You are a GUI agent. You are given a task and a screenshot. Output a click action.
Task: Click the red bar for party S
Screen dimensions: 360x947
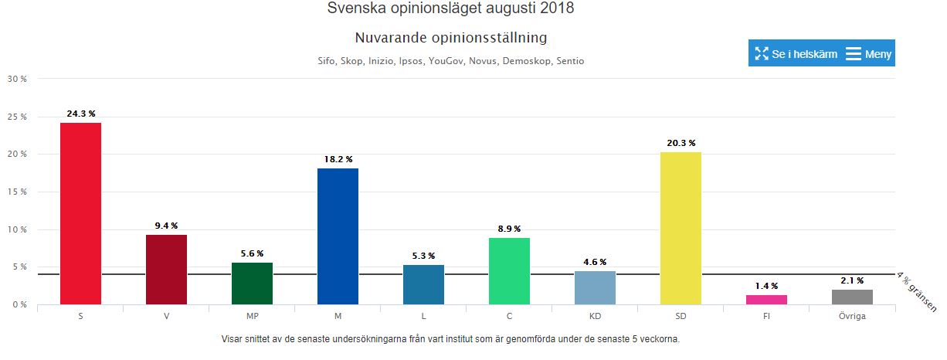pyautogui.click(x=80, y=213)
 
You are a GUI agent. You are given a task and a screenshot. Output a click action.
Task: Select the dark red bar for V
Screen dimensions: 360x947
pyautogui.click(x=166, y=269)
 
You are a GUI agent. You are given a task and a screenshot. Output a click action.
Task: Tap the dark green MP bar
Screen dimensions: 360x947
pyautogui.click(x=252, y=284)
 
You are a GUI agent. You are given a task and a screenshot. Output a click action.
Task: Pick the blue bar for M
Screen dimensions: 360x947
pyautogui.click(x=338, y=236)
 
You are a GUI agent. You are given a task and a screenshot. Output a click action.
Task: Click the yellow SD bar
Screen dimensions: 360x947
pyautogui.click(x=681, y=228)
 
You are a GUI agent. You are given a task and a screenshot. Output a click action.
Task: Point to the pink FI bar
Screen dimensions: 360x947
pyautogui.click(x=766, y=300)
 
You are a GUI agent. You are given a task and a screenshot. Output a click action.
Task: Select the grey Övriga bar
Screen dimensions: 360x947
pyautogui.click(x=852, y=297)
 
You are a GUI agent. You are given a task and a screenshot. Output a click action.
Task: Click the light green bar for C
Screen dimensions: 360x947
pyautogui.click(x=509, y=271)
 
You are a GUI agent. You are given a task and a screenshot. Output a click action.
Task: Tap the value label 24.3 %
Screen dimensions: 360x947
pyautogui.click(x=81, y=114)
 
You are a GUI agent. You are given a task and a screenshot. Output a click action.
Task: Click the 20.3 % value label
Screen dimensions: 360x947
pyautogui.click(x=681, y=143)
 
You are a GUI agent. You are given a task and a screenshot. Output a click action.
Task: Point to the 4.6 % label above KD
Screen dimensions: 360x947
pyautogui.click(x=595, y=262)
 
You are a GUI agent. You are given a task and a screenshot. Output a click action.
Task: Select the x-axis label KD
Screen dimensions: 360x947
pyautogui.click(x=595, y=317)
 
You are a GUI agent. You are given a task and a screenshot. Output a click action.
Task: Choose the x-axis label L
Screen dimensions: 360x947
pyautogui.click(x=423, y=317)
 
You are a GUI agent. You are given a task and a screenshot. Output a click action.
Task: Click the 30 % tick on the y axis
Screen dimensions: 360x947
pyautogui.click(x=16, y=79)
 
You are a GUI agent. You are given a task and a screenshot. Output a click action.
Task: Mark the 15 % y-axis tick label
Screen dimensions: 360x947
pyautogui.click(x=16, y=192)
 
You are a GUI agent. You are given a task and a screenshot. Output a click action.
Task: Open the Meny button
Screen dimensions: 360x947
pyautogui.click(x=869, y=53)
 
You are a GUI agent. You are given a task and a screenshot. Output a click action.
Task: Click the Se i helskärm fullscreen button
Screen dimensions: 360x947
pyautogui.click(x=796, y=53)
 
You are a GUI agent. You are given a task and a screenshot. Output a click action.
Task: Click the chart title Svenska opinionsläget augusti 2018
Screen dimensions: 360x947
pyautogui.click(x=451, y=8)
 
